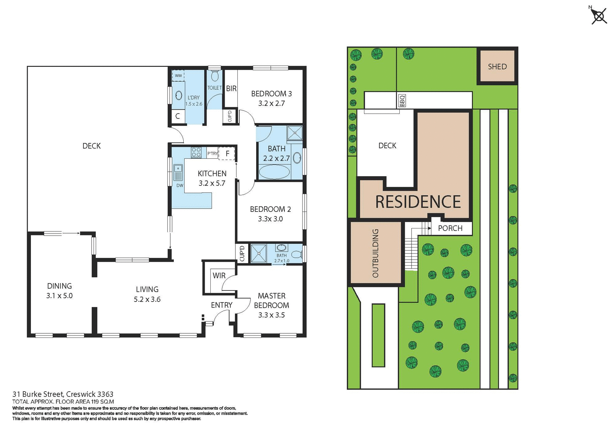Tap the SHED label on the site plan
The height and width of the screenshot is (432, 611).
497,66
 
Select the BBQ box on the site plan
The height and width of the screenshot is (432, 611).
402,101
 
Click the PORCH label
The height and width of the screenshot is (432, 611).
450,228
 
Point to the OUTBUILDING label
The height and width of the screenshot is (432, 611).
376,253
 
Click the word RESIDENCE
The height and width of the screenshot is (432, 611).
418,202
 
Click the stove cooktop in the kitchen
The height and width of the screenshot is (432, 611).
196,152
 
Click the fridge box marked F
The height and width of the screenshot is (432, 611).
227,154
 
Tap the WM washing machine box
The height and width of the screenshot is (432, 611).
178,76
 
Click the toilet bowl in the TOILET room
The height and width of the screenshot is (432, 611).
215,76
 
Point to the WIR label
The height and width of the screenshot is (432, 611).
219,275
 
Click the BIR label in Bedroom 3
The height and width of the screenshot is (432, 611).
231,88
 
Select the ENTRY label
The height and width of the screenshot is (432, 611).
221,305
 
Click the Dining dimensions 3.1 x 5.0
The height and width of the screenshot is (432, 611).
60,296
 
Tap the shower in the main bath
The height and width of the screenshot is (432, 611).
295,133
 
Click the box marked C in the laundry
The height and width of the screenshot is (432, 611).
178,116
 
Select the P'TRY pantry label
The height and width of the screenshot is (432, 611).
212,153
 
